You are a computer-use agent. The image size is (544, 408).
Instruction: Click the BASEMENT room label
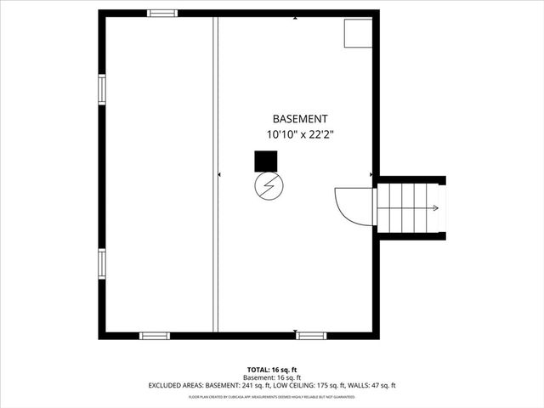point(299,119)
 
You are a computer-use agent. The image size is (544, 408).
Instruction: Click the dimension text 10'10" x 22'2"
point(299,134)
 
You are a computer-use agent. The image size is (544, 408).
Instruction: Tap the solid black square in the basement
point(266,161)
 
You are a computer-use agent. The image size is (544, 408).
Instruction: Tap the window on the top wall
point(162,13)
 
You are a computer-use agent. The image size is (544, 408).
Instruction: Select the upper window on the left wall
point(102,88)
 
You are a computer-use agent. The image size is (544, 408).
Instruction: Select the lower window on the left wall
point(102,263)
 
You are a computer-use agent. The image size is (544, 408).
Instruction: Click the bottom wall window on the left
point(155,336)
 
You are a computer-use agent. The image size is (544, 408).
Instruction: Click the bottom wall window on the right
point(311,336)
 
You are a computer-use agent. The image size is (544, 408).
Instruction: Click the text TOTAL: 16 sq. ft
point(271,370)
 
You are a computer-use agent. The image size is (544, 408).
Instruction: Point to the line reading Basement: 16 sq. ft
point(271,377)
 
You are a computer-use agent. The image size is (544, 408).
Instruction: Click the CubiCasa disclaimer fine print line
point(271,396)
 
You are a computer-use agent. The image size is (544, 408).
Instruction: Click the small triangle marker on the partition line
point(220,175)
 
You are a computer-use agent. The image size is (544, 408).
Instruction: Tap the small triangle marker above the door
point(371,175)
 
